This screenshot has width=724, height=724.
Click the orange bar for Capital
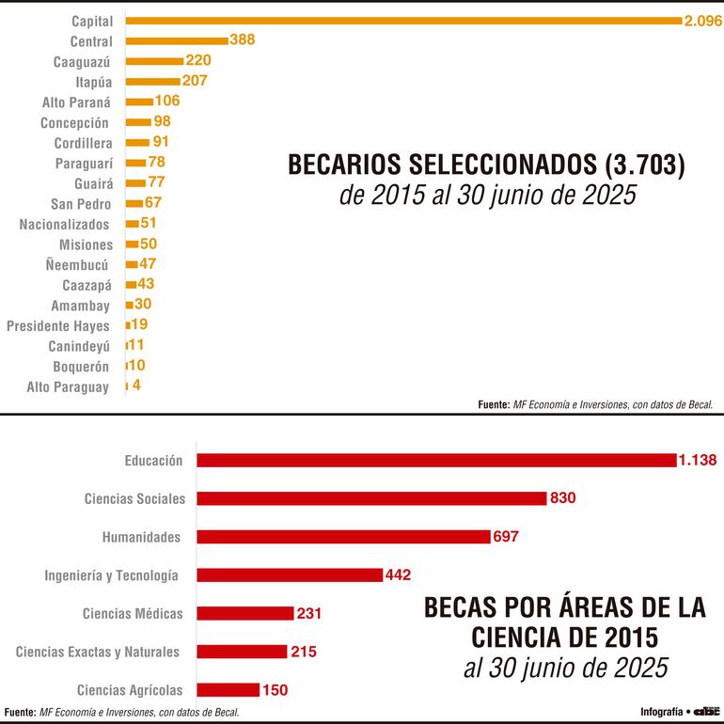pyautogui.click(x=404, y=20)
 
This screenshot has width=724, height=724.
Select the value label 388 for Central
pyautogui.click(x=243, y=40)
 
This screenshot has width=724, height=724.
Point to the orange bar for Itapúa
pyautogui.click(x=152, y=82)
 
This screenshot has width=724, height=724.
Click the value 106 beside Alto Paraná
pyautogui.click(x=167, y=102)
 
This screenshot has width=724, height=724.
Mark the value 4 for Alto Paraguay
pyautogui.click(x=136, y=386)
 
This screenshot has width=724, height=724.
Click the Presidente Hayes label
pyautogui.click(x=58, y=325)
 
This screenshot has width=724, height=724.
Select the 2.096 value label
pyautogui.click(x=703, y=20)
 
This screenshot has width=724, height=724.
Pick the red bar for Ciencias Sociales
pyautogui.click(x=371, y=498)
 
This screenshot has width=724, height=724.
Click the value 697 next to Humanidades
pyautogui.click(x=505, y=537)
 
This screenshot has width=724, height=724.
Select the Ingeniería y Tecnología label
pyautogui.click(x=112, y=574)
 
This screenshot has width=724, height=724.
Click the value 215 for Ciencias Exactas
pyautogui.click(x=304, y=651)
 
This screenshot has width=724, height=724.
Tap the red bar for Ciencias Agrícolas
pyautogui.click(x=228, y=689)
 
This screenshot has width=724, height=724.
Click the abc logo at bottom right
pyautogui.click(x=706, y=712)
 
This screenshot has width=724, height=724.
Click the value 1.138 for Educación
pyautogui.click(x=697, y=460)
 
